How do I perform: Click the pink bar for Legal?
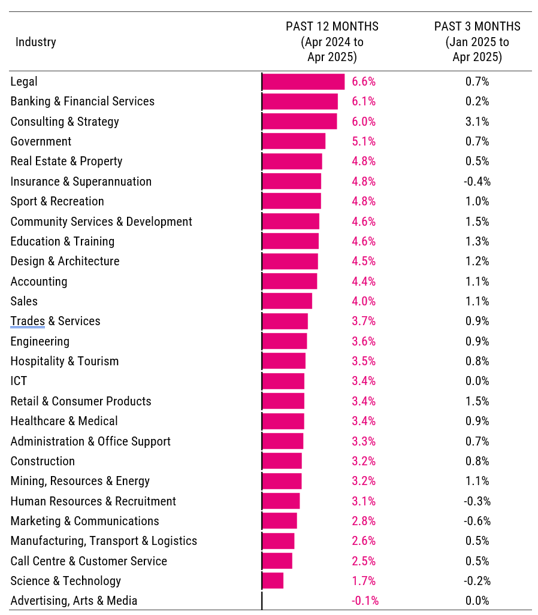[303, 81]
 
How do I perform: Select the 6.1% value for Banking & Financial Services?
[364, 101]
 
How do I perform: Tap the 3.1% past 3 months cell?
[477, 122]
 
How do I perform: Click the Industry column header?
[36, 42]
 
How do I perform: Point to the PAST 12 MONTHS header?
[332, 42]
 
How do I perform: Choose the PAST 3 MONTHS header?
[477, 42]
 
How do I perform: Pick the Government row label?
[41, 141]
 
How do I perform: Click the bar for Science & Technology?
[273, 581]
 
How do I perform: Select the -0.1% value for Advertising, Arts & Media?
[365, 601]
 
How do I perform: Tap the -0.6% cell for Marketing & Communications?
[477, 521]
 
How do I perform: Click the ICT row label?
[19, 381]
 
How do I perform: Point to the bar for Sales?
[288, 301]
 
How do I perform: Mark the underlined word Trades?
[28, 321]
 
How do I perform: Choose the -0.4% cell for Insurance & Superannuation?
[477, 181]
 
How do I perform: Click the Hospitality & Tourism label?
[65, 361]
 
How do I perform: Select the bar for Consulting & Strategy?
[300, 122]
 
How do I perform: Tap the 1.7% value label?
[364, 581]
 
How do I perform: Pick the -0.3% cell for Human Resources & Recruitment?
[477, 501]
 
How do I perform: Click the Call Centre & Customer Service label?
[89, 561]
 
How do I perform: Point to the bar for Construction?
[282, 461]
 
